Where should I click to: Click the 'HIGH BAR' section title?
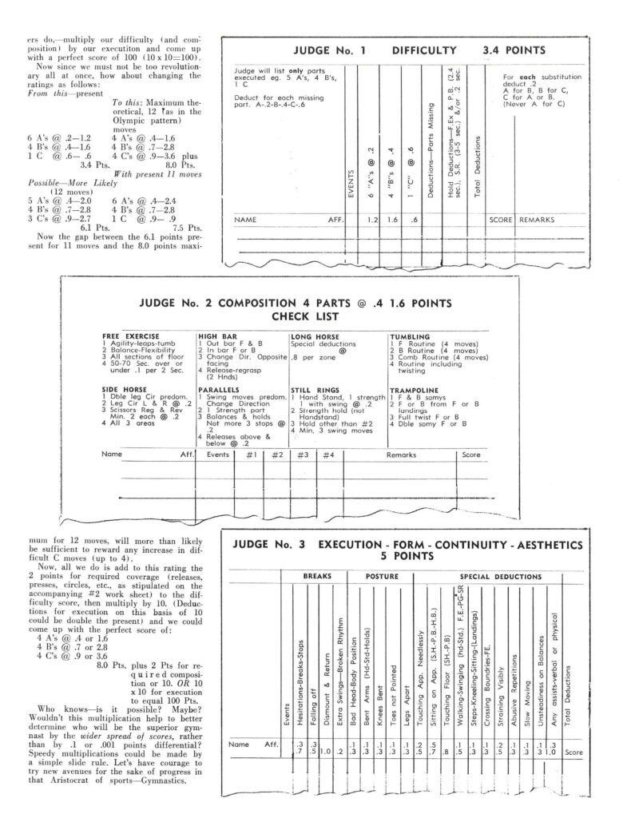[216, 336]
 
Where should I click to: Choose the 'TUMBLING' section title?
[410, 336]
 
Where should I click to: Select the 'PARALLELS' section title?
[220, 389]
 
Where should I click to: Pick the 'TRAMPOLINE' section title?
[415, 389]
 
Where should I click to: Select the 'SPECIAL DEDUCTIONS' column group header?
[492, 576]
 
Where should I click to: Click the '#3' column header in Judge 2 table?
[302, 454]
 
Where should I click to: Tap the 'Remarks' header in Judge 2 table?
[401, 454]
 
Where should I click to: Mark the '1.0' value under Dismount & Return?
[326, 751]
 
